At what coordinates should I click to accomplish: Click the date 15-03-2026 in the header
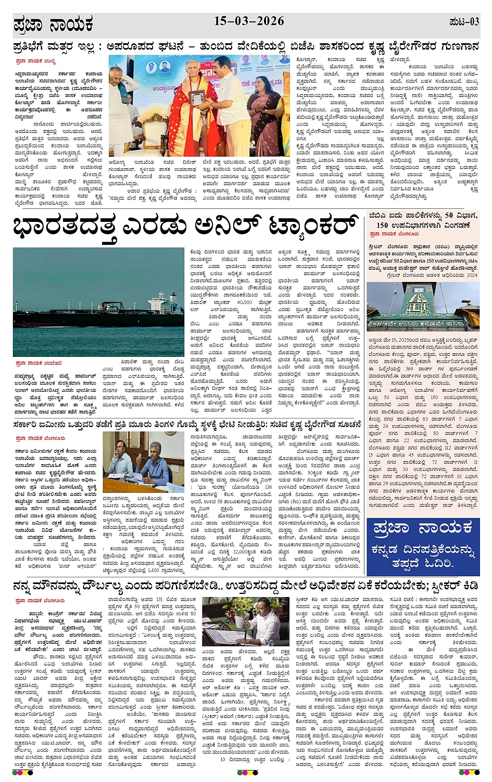249,21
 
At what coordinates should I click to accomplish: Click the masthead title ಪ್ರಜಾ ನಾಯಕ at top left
53,24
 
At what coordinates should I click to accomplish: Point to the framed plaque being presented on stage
197,97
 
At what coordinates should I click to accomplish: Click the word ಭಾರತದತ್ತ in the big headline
64,228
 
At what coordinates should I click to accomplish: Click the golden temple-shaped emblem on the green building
420,303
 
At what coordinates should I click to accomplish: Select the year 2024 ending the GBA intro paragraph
472,275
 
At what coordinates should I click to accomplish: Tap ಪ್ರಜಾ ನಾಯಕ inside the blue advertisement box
422,529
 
